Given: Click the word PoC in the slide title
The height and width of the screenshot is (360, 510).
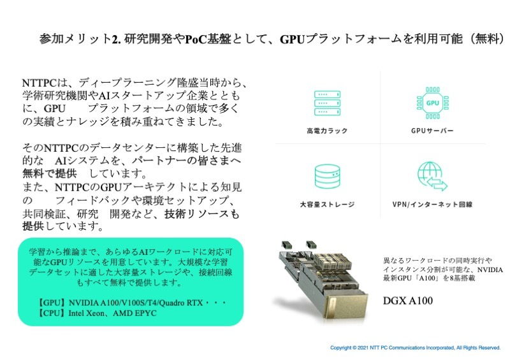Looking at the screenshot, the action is point(196,40).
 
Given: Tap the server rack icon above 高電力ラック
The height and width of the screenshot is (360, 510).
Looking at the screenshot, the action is point(327,103).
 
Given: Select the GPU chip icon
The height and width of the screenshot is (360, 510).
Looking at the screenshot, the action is point(433,103).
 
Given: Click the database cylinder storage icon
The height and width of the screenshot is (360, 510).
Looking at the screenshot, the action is point(327,176).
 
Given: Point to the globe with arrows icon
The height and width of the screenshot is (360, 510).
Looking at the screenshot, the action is point(432,176).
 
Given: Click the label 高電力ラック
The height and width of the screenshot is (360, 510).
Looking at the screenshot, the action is point(327,131).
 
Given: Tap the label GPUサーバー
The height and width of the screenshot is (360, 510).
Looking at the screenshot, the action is point(432,131).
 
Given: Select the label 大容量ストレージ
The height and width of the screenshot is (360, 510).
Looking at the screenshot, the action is point(327,205).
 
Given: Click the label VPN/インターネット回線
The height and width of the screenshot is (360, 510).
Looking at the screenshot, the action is point(432,205).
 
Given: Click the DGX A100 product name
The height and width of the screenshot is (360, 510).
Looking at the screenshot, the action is point(408,301).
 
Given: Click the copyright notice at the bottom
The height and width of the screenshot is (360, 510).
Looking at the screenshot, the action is point(416,348).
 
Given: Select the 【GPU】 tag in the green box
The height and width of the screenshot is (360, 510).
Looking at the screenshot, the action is point(52,303).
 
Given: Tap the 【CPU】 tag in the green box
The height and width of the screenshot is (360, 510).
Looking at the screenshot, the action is point(51,313).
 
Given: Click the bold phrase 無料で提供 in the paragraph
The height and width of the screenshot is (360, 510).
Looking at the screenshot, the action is point(50,174).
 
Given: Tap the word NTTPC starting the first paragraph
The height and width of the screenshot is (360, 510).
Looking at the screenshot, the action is point(39,83).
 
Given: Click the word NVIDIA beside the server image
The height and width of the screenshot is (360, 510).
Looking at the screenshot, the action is point(490,270).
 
